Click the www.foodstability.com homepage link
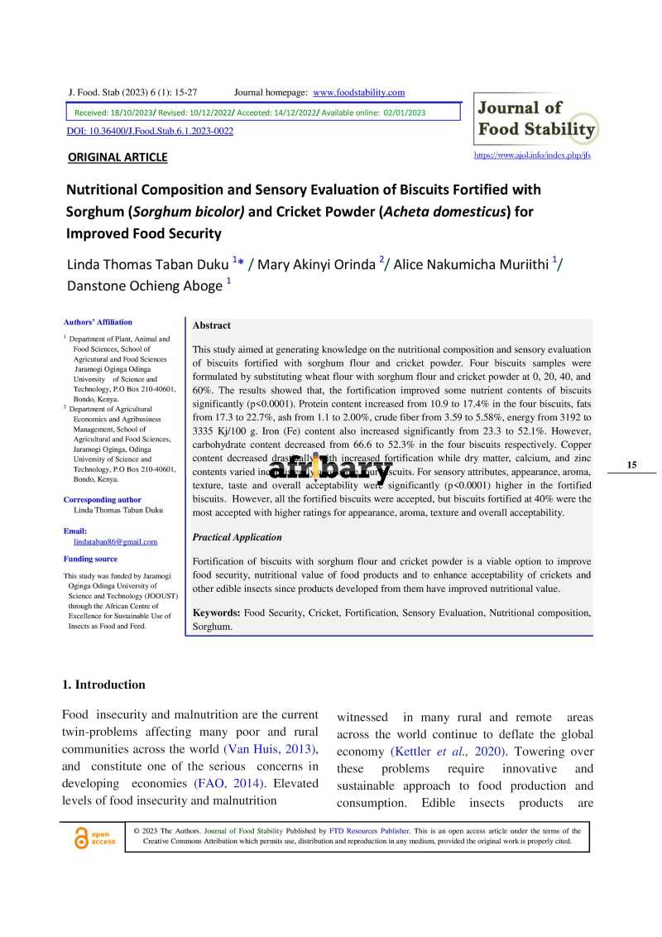[358, 92]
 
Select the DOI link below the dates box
[149, 132]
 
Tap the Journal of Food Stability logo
[536, 119]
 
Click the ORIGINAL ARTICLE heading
[117, 157]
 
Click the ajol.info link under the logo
[531, 155]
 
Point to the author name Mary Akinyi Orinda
[318, 264]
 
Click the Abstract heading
[211, 325]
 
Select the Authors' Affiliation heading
[98, 322]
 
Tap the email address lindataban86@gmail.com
[115, 541]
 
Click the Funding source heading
[90, 559]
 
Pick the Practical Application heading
[237, 537]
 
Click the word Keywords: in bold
[216, 613]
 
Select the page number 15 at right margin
[631, 464]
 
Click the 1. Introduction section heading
[103, 685]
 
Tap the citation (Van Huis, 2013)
[270, 748]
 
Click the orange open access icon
[81, 838]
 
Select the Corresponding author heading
[102, 500]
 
